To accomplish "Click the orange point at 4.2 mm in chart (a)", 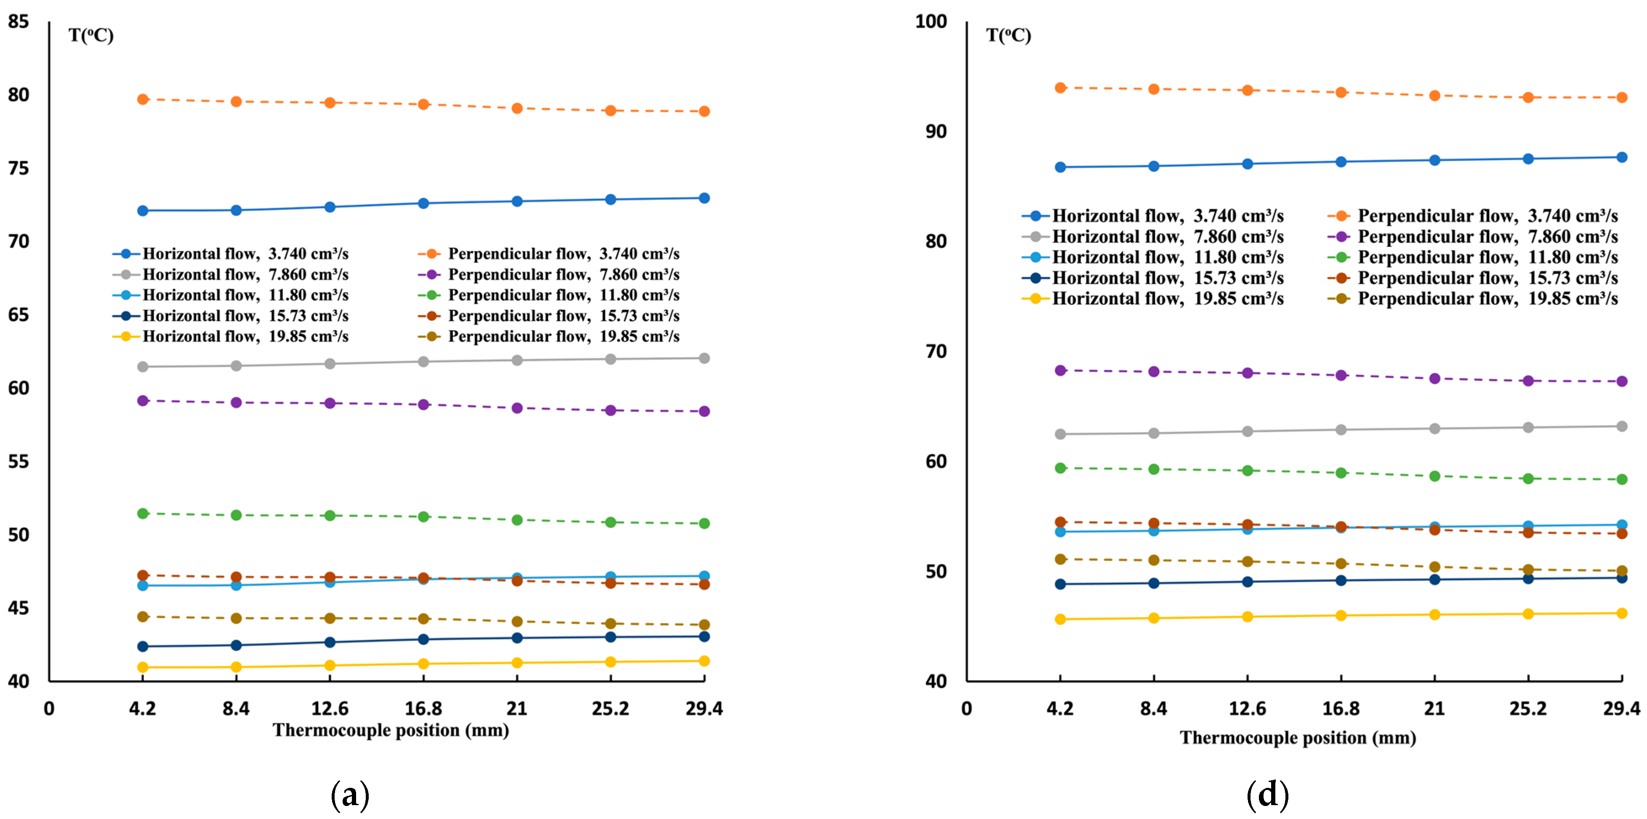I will point(143,99).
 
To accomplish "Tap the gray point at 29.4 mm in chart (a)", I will point(704,358).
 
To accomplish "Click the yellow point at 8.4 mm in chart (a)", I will point(236,667).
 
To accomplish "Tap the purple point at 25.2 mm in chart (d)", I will point(1528,381).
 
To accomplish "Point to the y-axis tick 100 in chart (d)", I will point(931,22).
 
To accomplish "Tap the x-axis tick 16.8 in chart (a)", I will point(423,708).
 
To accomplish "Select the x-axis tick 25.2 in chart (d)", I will point(1528,708).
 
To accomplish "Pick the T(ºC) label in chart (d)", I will point(1008,35).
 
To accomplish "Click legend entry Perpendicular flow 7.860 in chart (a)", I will point(563,274).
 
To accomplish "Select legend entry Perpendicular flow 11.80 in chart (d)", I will point(1487,257).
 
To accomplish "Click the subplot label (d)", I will point(1267,794).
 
